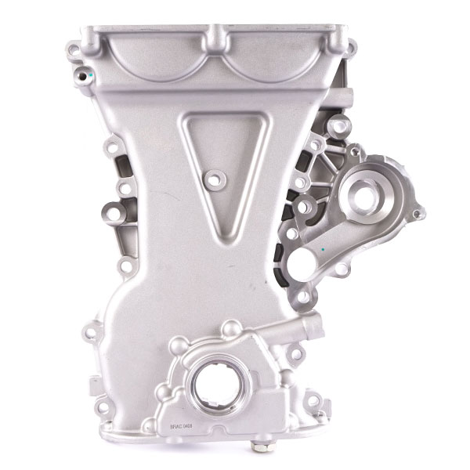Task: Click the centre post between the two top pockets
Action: coord(212,38)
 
